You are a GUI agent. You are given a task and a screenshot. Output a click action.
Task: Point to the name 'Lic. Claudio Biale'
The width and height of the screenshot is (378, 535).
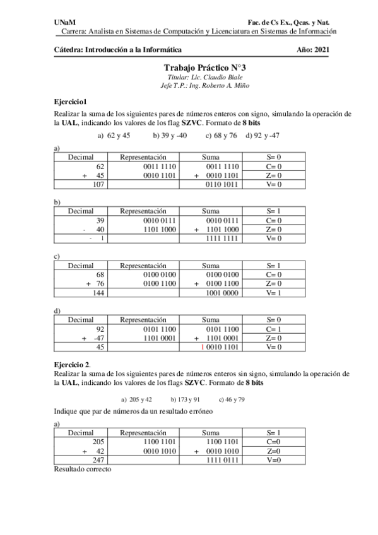[213, 76]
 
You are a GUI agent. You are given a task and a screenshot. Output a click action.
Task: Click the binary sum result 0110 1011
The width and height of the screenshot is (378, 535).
[221, 185]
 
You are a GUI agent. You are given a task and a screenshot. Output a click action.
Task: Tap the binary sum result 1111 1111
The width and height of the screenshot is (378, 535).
[221, 238]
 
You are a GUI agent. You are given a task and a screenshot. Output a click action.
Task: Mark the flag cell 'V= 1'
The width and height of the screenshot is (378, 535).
[273, 293]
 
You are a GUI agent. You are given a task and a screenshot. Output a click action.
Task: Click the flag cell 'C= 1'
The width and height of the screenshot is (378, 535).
[273, 329]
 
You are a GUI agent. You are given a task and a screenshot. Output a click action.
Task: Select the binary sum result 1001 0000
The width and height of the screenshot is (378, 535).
[221, 293]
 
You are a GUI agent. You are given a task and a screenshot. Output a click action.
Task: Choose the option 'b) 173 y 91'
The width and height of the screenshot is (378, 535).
[185, 399]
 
